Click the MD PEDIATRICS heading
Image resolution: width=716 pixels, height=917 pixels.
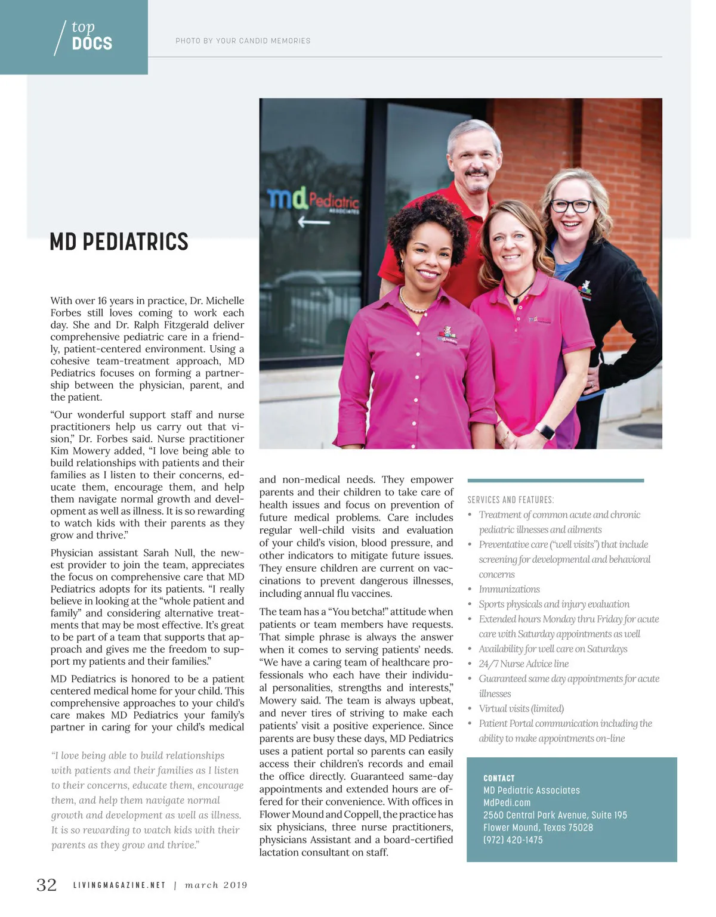click(119, 242)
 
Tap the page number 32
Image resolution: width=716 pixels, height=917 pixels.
click(47, 885)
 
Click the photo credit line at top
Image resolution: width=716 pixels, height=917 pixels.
click(243, 41)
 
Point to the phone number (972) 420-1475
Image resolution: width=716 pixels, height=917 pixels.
click(513, 839)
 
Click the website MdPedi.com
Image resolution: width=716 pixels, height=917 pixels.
click(507, 803)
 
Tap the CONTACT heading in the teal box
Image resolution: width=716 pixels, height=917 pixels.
click(499, 778)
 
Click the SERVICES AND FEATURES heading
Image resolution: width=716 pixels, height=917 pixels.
click(510, 500)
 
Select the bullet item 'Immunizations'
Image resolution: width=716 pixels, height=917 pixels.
click(509, 589)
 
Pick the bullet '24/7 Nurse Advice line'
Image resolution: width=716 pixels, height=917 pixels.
click(523, 664)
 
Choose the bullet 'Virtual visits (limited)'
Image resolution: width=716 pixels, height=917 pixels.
click(521, 708)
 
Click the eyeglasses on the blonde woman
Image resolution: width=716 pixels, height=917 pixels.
click(571, 206)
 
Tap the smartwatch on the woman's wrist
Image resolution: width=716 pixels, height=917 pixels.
click(544, 431)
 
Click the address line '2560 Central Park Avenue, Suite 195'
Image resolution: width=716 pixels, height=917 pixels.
click(555, 815)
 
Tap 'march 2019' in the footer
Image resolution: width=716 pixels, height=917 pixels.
click(216, 885)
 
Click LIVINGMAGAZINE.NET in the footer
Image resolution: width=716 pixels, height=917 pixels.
click(119, 885)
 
